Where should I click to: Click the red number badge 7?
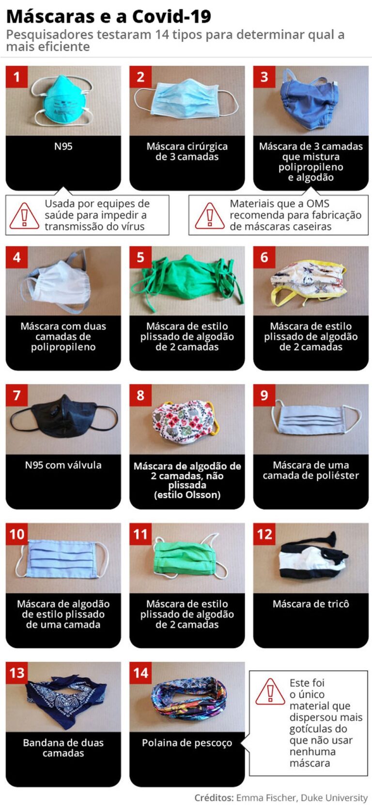click(16, 395)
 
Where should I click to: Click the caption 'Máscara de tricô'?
click(310, 604)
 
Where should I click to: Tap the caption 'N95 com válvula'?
click(63, 465)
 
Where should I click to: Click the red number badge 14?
click(140, 673)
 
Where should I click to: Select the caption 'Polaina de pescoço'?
click(187, 743)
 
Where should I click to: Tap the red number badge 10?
click(17, 534)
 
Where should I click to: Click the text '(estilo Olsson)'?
click(187, 495)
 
